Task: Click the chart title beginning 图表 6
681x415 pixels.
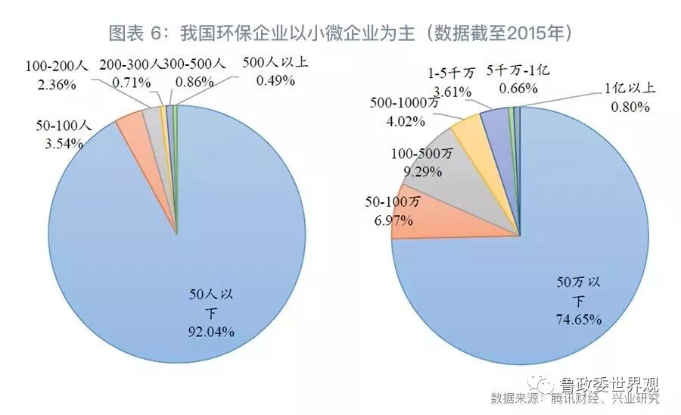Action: click(x=340, y=34)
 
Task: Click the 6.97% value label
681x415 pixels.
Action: click(x=390, y=220)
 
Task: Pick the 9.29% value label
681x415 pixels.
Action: click(x=424, y=171)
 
